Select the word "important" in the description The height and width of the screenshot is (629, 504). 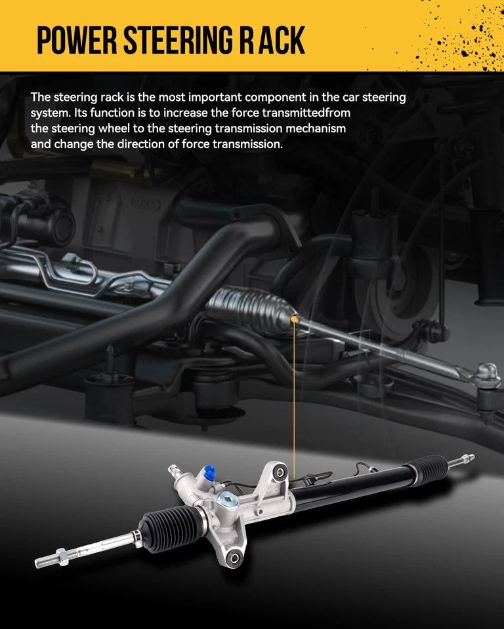[218, 97]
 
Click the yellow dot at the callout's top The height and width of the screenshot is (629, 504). [295, 319]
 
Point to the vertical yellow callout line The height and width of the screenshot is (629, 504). [295, 400]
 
